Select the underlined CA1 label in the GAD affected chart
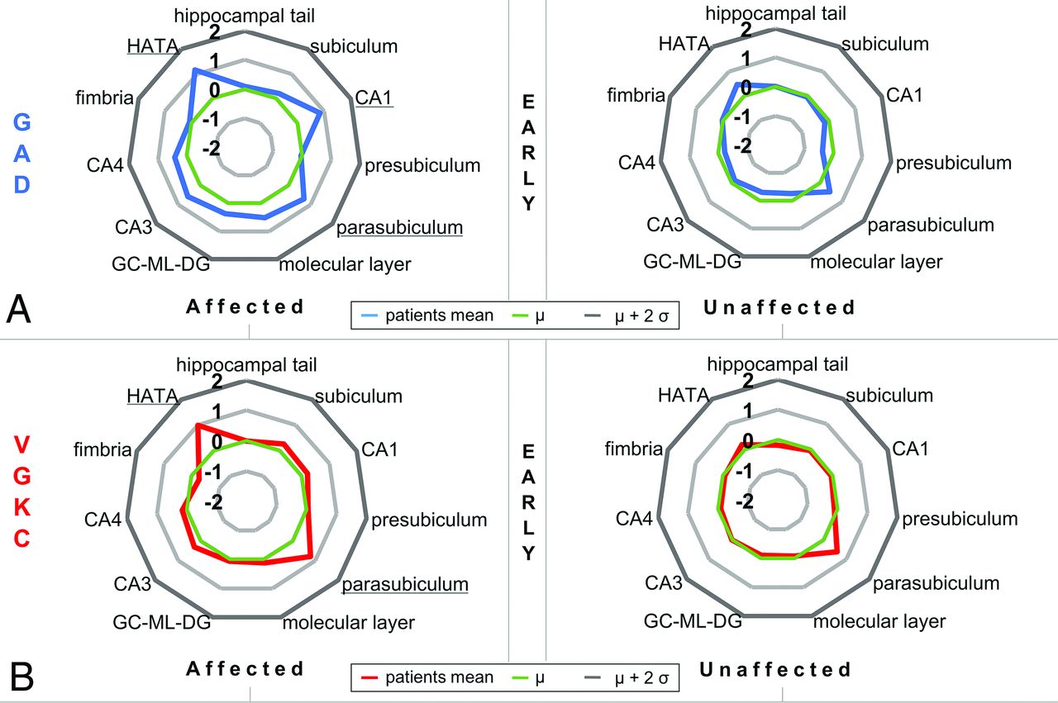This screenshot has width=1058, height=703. (x=374, y=97)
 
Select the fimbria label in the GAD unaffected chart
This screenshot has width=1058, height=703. (x=636, y=95)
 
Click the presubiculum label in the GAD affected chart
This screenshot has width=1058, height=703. (x=422, y=165)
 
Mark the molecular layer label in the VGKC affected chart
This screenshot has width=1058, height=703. (x=348, y=622)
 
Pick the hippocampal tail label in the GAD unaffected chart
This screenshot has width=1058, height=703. (x=776, y=13)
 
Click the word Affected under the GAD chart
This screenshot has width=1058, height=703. (x=245, y=306)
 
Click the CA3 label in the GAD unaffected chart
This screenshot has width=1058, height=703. (x=664, y=224)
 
